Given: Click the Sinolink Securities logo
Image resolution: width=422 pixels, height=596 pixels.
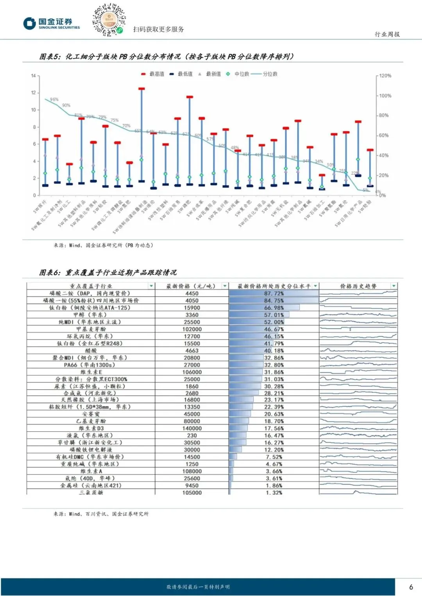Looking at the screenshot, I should pos(52,23).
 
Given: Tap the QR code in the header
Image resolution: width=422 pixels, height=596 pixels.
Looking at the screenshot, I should pos(109,20).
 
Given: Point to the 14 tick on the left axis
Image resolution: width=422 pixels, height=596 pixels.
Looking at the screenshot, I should pos(34,76).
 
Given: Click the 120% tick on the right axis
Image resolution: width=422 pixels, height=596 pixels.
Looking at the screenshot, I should pos(385,76).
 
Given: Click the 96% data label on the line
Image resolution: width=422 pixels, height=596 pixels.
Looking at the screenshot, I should pos(54,100).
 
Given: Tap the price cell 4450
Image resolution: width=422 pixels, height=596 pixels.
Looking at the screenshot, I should pos(192,294).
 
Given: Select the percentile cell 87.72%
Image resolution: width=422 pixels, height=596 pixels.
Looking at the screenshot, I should pos(274,294).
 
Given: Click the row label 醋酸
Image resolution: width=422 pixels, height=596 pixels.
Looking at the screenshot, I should pos(91,350).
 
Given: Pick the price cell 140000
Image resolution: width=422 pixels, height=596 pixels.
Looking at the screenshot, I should pos(192,428).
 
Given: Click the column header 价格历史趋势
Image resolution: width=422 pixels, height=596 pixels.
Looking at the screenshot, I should pos(358,286).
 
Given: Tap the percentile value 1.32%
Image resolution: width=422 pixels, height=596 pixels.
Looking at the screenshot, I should pos(274,493).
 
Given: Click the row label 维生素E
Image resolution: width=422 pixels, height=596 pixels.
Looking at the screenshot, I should pos(91,372).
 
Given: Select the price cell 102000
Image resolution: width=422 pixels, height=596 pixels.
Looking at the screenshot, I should pos(192,329).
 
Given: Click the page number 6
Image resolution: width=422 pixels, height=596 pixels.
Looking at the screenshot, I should pos(411,587).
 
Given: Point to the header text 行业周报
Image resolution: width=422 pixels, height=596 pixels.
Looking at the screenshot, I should pos(387,34).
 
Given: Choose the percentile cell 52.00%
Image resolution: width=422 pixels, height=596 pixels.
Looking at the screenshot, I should pos(274,322).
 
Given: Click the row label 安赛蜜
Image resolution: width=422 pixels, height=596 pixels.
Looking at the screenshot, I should pos(91,414).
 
